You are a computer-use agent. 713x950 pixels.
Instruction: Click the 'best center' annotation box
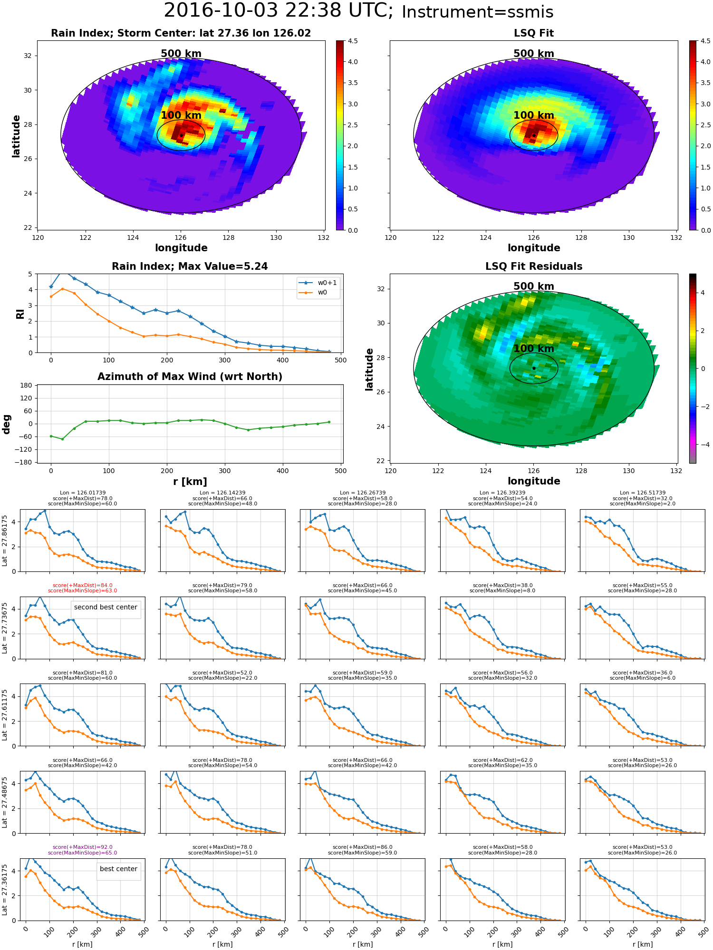(118, 869)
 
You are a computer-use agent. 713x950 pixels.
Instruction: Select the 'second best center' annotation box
(106, 607)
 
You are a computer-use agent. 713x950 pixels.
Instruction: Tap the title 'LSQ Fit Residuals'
(534, 266)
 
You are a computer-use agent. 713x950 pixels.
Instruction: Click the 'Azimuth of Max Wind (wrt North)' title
(190, 377)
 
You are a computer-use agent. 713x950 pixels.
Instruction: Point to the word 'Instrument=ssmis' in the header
(477, 12)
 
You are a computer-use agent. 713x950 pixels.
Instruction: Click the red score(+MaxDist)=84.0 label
(83, 585)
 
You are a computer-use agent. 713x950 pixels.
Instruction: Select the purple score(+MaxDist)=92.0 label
(83, 847)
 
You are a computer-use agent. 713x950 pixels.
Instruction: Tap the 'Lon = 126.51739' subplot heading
(643, 493)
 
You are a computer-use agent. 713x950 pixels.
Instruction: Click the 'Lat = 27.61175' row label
(5, 715)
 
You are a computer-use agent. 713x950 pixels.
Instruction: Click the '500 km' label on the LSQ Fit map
(534, 54)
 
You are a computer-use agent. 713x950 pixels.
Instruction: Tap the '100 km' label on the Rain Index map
(181, 115)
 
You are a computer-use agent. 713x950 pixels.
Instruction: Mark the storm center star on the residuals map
(534, 368)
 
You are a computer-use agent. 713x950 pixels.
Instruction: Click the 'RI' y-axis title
(20, 313)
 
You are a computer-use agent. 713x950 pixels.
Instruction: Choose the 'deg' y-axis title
(7, 424)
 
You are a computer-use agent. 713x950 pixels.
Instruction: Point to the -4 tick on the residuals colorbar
(703, 445)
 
